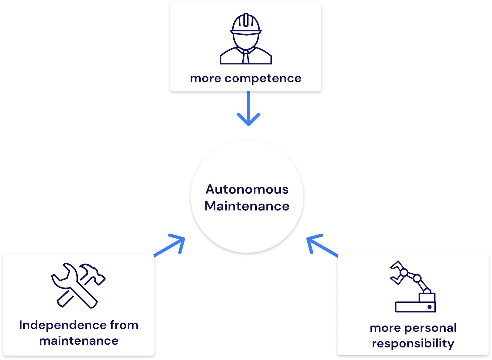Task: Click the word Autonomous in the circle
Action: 247,189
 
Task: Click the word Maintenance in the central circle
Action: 247,206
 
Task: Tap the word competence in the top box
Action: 263,78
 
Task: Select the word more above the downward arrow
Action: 205,78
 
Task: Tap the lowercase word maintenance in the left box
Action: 79,341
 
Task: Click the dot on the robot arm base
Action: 429,307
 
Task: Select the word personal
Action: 430,328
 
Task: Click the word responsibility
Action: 413,343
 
